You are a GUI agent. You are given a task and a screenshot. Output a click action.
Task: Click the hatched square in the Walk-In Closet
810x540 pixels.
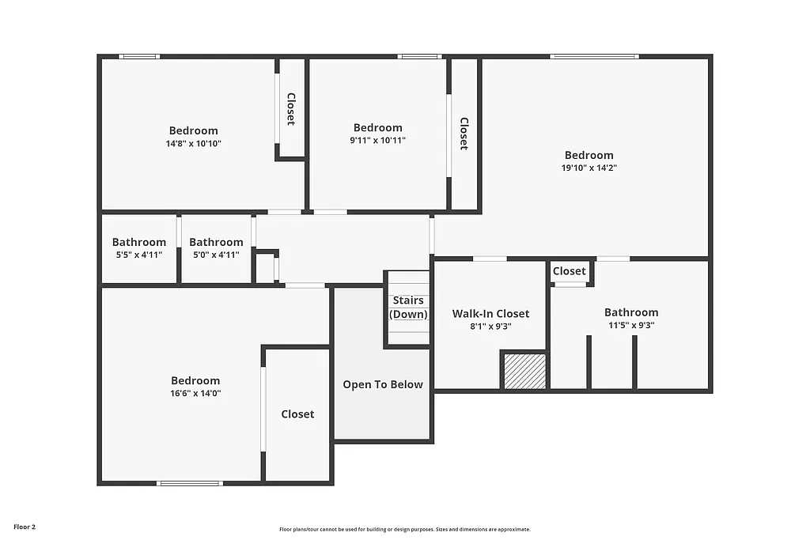[524, 372]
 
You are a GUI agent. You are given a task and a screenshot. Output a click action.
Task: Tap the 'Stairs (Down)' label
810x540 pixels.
[408, 308]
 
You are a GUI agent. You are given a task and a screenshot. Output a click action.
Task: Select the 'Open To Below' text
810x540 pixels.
[382, 385]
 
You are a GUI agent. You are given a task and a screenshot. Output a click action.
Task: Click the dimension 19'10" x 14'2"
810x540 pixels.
[589, 168]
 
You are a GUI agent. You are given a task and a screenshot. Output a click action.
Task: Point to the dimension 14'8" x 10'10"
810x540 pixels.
[193, 144]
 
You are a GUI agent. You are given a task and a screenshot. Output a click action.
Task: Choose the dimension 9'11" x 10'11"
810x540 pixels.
[377, 141]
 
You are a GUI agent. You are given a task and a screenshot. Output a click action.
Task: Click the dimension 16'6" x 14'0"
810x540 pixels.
[195, 393]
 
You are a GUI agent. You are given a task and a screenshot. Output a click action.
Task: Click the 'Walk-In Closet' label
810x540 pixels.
[490, 314]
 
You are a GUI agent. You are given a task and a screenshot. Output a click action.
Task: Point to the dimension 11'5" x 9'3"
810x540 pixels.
[630, 325]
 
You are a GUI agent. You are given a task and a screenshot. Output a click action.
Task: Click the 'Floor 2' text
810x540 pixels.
[25, 527]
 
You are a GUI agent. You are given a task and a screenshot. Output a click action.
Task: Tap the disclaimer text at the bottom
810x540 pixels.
[404, 530]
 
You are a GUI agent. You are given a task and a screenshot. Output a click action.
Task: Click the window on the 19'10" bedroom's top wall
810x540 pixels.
[594, 56]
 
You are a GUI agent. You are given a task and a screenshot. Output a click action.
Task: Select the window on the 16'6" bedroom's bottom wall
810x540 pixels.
[190, 483]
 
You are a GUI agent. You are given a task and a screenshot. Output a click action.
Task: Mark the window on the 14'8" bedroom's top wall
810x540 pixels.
[139, 56]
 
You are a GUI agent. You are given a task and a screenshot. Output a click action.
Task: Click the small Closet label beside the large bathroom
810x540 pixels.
[570, 271]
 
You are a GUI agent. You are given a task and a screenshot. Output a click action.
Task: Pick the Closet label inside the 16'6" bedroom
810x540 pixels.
[297, 414]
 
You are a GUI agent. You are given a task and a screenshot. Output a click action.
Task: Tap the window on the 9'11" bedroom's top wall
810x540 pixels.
[418, 56]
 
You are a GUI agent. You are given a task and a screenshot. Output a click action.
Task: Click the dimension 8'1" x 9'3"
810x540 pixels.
[490, 326]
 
